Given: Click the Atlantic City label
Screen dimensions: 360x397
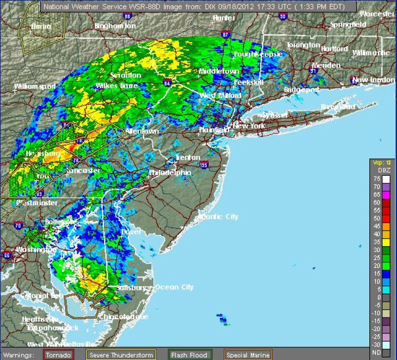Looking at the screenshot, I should point(218,217).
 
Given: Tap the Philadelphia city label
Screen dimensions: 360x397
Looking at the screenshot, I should point(170,173).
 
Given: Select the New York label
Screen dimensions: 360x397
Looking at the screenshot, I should point(249,126).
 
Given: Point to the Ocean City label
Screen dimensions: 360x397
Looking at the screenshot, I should point(174,287).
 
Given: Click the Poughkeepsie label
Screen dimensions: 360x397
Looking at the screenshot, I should point(258,54).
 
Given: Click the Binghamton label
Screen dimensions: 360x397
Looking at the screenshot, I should point(115,26).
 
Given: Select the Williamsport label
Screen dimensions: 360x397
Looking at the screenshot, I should point(35,86).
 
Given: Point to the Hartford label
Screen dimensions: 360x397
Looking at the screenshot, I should point(334,49).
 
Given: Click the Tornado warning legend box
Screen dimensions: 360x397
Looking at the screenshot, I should point(59,355).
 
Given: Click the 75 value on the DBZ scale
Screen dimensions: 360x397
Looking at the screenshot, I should point(376,179).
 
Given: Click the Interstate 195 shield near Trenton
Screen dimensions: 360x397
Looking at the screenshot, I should point(203,165).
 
